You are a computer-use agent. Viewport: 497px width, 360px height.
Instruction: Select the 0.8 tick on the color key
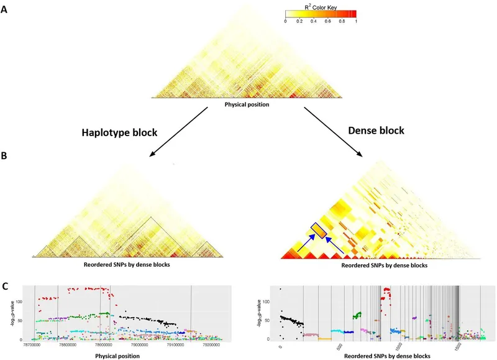point(342,21)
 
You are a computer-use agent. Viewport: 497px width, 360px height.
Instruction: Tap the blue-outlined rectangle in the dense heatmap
point(318,230)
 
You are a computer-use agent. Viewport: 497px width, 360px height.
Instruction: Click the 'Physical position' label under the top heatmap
point(247,104)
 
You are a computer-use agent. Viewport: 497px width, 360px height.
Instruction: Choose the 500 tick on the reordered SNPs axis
point(340,347)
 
